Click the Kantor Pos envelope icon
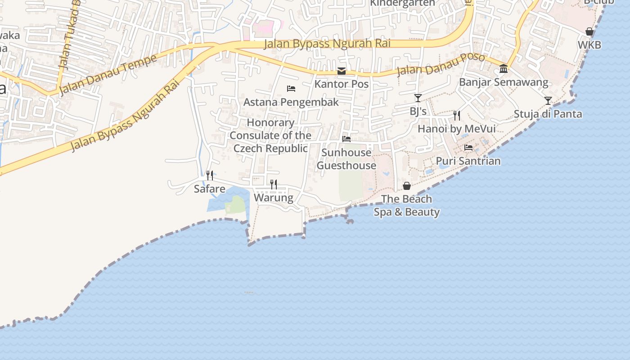[342, 71]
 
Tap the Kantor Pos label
[342, 84]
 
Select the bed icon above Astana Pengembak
[291, 89]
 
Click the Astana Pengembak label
[291, 102]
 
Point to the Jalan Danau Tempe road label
[108, 75]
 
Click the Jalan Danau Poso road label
[441, 65]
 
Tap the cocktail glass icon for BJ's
[418, 98]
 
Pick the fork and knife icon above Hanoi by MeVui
[457, 116]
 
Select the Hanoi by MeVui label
[457, 129]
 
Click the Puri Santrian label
[468, 161]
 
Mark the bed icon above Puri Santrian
[468, 147]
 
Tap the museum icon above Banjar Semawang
[504, 69]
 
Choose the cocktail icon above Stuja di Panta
[548, 100]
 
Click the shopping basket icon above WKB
[589, 31]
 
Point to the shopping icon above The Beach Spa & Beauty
[407, 186]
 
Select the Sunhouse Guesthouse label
[346, 159]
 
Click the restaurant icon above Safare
[210, 175]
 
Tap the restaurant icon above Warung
[274, 184]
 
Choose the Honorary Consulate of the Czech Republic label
[270, 135]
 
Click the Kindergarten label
[402, 3]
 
